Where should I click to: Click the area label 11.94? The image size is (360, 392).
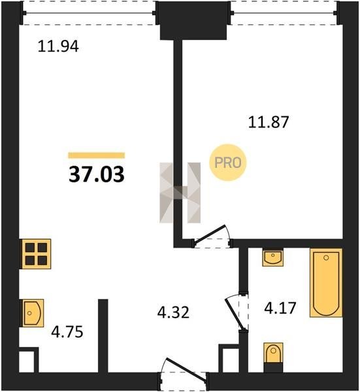pos(58,46)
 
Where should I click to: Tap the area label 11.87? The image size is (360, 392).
pos(269,122)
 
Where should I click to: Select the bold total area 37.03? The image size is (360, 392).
pos(97,174)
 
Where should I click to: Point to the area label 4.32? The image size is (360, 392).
pos(173,312)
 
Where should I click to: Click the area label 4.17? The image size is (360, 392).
pos(280,308)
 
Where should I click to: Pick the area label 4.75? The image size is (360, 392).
pos(67,333)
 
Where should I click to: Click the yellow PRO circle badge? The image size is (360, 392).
pos(228,163)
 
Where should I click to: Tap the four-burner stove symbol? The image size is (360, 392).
pos(36,254)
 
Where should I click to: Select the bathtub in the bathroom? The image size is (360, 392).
pos(326,283)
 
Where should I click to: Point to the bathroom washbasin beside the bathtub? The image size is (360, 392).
pos(272,257)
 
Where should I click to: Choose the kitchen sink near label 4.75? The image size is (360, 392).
pos(33,313)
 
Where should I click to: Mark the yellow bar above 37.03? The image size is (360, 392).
pos(97,155)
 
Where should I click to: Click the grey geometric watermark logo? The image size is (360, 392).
pos(180,193)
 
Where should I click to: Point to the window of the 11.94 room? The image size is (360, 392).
pos(90,13)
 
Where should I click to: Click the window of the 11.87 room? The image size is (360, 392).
pos(284,13)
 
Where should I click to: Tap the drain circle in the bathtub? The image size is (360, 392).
pos(326,258)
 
